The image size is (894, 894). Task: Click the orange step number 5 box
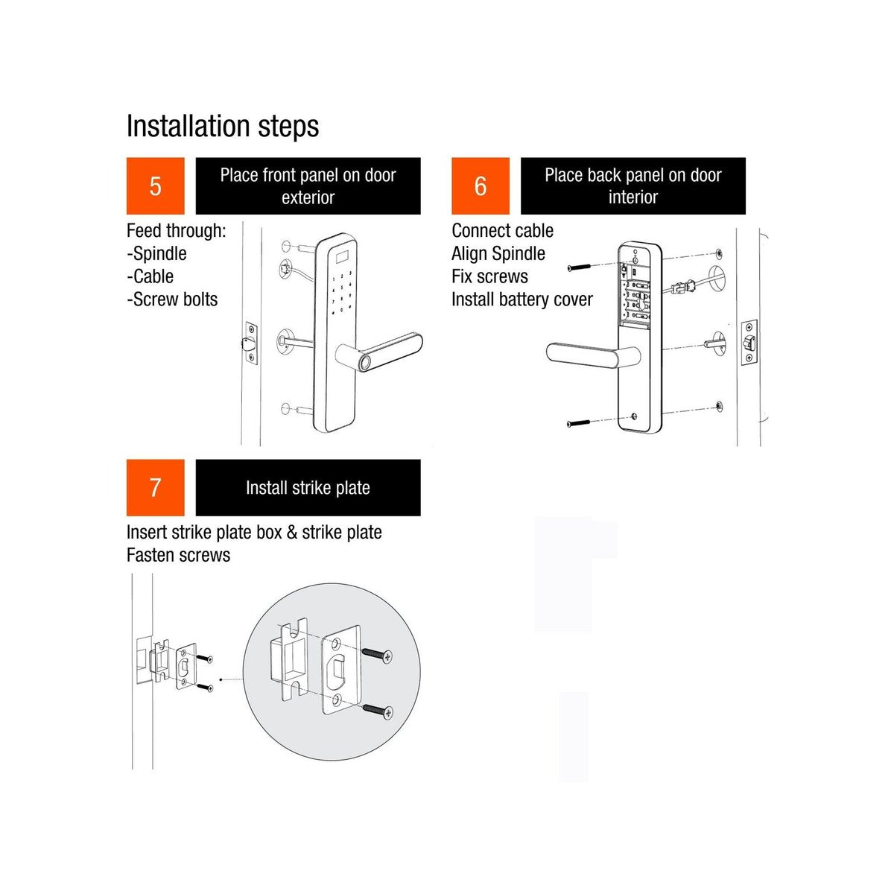tap(155, 186)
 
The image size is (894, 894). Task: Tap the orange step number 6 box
tap(480, 186)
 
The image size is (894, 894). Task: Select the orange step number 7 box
tap(155, 487)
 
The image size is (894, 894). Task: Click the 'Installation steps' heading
tap(222, 126)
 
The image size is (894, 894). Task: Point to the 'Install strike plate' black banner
tap(308, 487)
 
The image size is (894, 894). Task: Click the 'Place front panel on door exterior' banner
tap(308, 186)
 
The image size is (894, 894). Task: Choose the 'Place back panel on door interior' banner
tap(633, 186)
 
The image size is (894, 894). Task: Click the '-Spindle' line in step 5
tap(156, 253)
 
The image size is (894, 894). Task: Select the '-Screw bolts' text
tap(172, 299)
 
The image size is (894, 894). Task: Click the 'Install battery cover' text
tap(521, 299)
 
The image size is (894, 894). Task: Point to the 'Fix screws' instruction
tap(489, 276)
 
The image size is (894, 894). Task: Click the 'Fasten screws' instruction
tap(178, 555)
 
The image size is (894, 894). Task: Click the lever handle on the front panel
tap(380, 352)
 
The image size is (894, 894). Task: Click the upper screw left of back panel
tap(579, 267)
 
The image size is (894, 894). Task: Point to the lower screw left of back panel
tap(579, 423)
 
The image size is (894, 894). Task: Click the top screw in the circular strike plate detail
tap(378, 656)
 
